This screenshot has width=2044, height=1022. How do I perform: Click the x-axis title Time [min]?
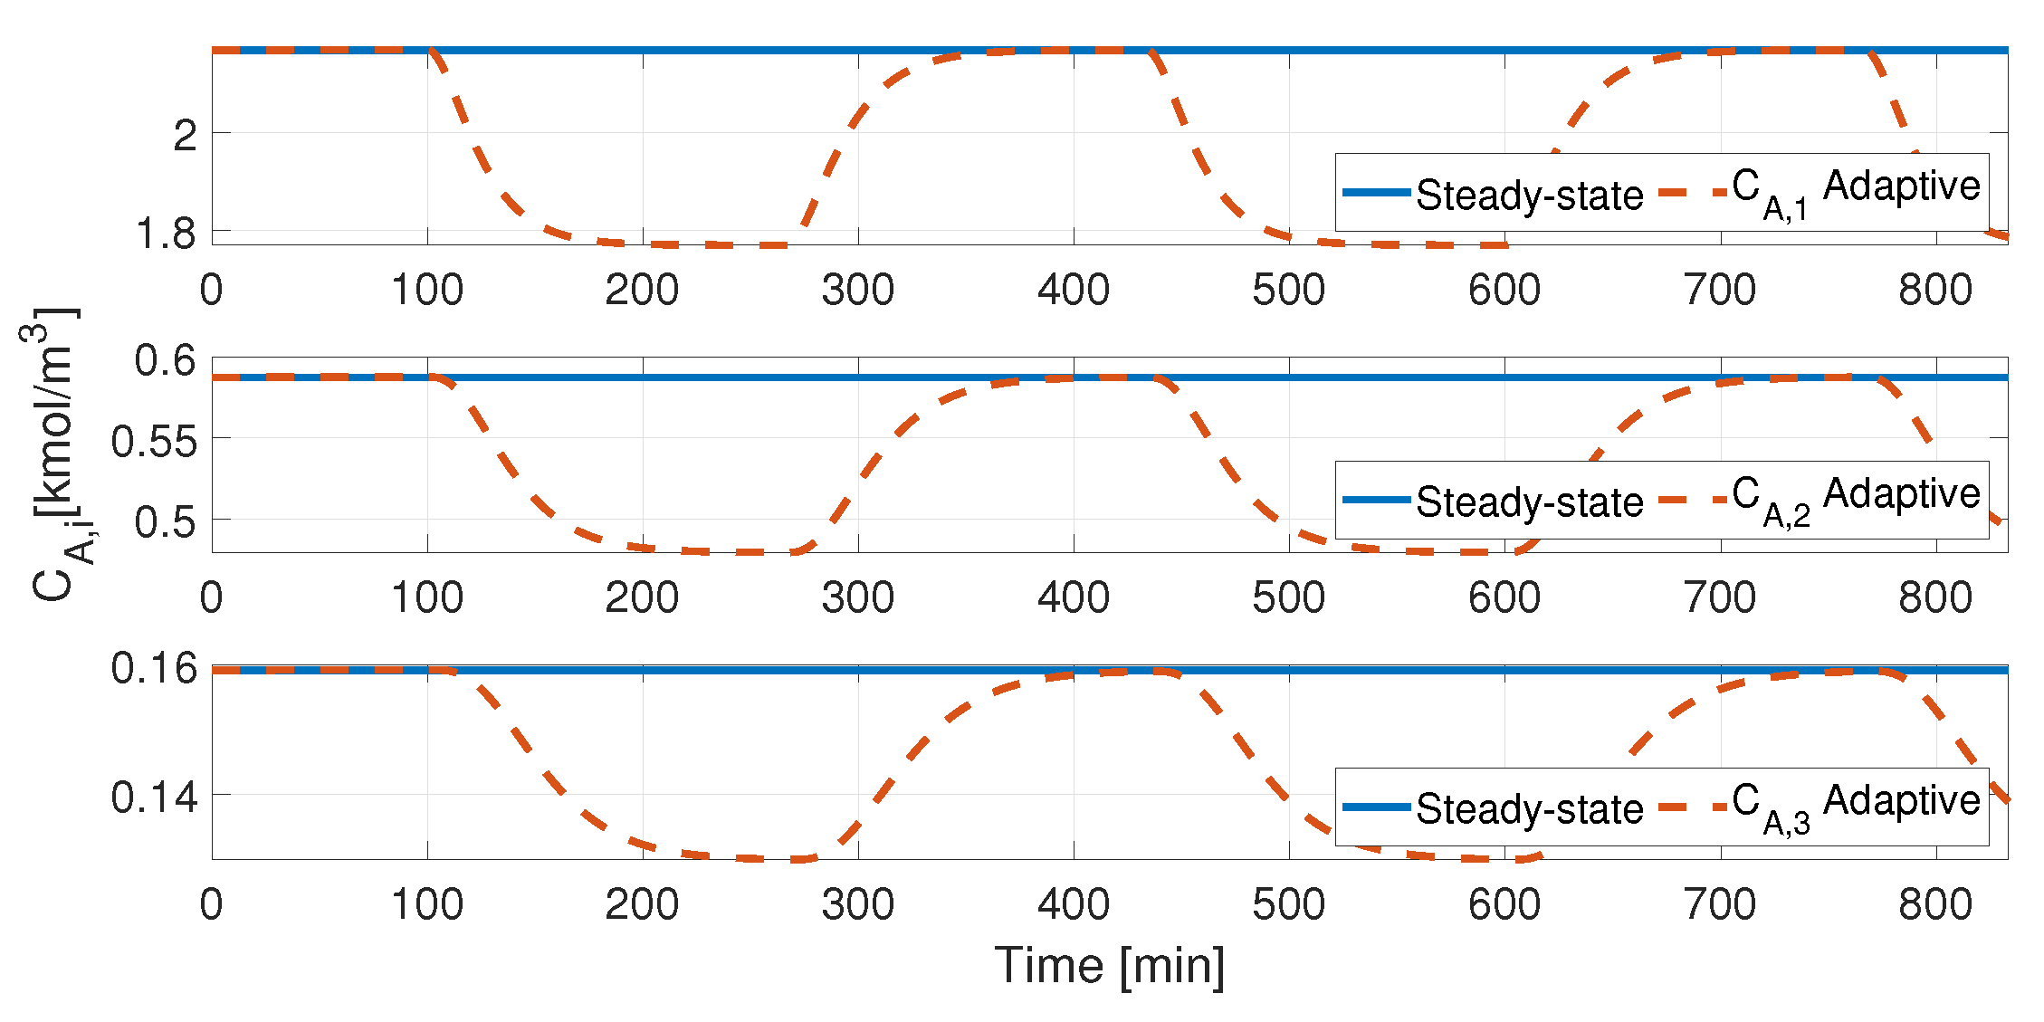1109,966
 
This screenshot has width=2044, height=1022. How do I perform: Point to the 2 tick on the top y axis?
186,136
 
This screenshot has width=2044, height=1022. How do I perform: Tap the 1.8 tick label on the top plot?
166,234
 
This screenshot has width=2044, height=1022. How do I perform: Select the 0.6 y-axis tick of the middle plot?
166,360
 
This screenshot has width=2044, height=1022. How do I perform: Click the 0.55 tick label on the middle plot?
154,442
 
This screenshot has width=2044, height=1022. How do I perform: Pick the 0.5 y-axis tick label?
166,522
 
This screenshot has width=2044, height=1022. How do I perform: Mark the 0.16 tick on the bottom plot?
154,668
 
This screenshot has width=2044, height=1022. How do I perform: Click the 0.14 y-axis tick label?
154,798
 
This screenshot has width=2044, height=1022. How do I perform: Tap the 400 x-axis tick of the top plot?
1074,290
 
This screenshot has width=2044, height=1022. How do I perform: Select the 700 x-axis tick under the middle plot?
1720,597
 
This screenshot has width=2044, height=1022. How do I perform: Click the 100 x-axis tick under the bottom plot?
427,904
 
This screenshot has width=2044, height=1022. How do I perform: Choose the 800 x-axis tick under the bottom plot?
1935,904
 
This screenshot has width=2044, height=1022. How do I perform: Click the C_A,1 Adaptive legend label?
1856,190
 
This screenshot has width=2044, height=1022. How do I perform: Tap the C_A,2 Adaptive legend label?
1856,498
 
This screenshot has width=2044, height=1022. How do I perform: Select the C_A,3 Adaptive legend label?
1856,805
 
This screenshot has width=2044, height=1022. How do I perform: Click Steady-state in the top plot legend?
1529,195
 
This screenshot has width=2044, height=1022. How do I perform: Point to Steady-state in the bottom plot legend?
1529,808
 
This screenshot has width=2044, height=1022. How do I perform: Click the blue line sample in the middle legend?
1377,500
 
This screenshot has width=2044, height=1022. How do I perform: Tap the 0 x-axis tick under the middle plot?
212,597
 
